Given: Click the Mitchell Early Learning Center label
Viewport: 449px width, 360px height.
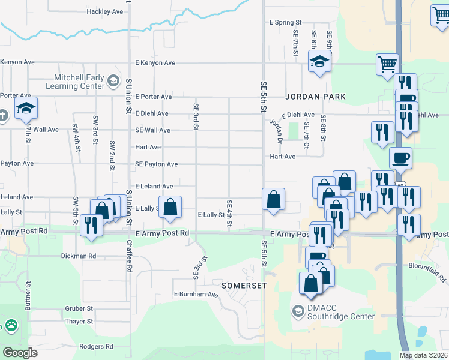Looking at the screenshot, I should [79, 82].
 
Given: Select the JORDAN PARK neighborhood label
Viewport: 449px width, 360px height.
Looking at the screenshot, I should [315, 97].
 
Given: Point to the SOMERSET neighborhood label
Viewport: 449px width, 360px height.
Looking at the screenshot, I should [244, 286].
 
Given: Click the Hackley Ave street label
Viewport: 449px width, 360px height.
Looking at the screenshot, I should [104, 11].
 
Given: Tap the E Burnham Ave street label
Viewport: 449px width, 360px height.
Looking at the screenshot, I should [196, 295].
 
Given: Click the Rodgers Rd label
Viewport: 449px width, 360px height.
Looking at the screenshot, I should [96, 347].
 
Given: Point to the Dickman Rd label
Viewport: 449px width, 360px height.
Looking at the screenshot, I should [79, 256].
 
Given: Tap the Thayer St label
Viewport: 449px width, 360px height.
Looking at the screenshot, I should [79, 322].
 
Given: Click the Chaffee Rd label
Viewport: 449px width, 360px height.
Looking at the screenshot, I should [129, 256].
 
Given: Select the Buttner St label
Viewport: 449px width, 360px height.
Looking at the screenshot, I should [28, 296].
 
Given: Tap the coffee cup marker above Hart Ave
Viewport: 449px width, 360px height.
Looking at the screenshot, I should [400, 158].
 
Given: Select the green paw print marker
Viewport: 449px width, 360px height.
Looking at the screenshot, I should [11, 326].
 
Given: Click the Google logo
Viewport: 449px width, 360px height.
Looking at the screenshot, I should [20, 353].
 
